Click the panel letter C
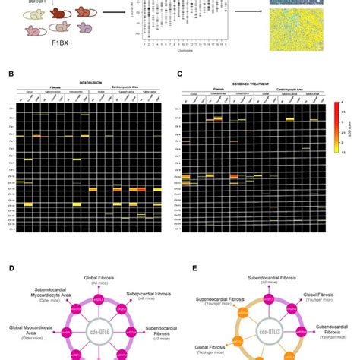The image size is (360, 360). click(x=179, y=75)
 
